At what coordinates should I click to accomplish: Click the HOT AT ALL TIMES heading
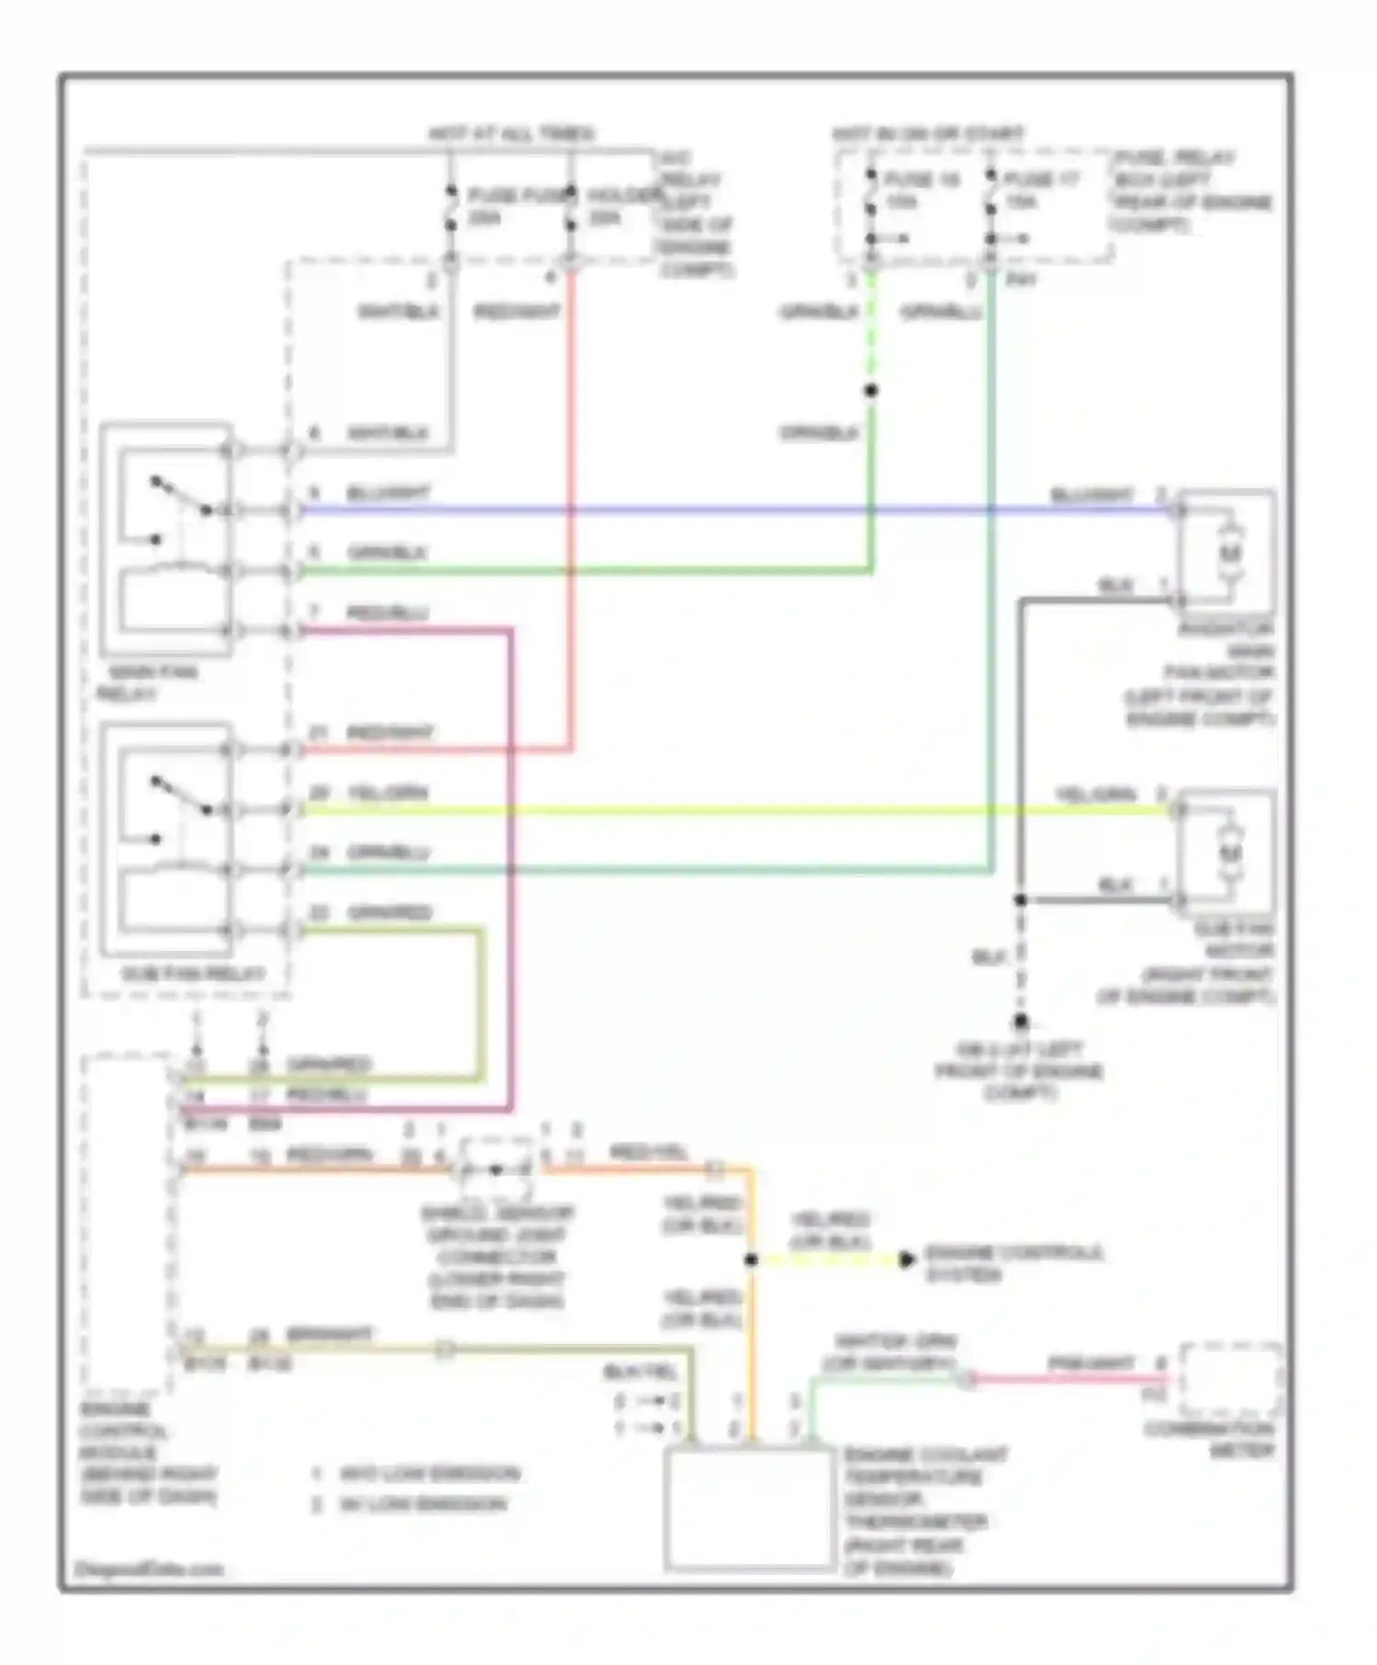(510, 134)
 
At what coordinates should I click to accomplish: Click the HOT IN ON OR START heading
(927, 134)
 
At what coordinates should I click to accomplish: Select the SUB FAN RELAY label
(193, 974)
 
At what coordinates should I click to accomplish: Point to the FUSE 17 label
(1042, 179)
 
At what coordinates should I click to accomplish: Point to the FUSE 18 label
(922, 179)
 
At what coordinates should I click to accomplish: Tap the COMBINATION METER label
(1208, 1441)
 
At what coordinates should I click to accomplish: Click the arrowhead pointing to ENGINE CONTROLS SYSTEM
(906, 1260)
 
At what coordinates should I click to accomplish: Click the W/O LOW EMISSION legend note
(428, 1474)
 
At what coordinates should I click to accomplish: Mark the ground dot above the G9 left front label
(1020, 1022)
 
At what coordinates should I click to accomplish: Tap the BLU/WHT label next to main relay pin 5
(387, 494)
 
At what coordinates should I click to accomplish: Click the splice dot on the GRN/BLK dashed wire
(870, 391)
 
